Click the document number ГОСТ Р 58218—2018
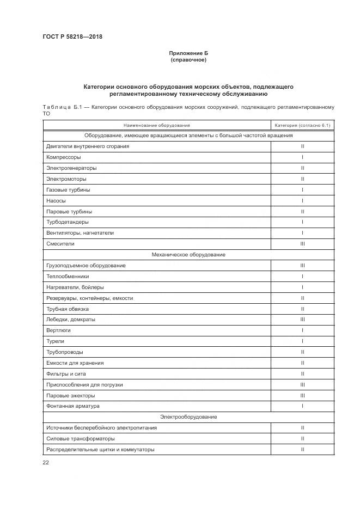[72, 37]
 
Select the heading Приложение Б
[188, 53]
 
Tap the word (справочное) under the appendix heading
[188, 60]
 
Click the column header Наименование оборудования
[156, 125]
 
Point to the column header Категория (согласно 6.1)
[302, 125]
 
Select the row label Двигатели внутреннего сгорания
[88, 146]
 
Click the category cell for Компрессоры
[302, 157]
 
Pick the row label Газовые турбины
[68, 189]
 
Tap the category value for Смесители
[302, 244]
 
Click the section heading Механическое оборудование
[188, 255]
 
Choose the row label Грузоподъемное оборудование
[86, 266]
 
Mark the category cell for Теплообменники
[302, 277]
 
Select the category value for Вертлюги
[302, 330]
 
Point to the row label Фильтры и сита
[66, 373]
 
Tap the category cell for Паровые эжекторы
[302, 395]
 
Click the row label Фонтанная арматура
[73, 406]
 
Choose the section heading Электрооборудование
[188, 417]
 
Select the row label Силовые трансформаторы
[80, 438]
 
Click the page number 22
[46, 462]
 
